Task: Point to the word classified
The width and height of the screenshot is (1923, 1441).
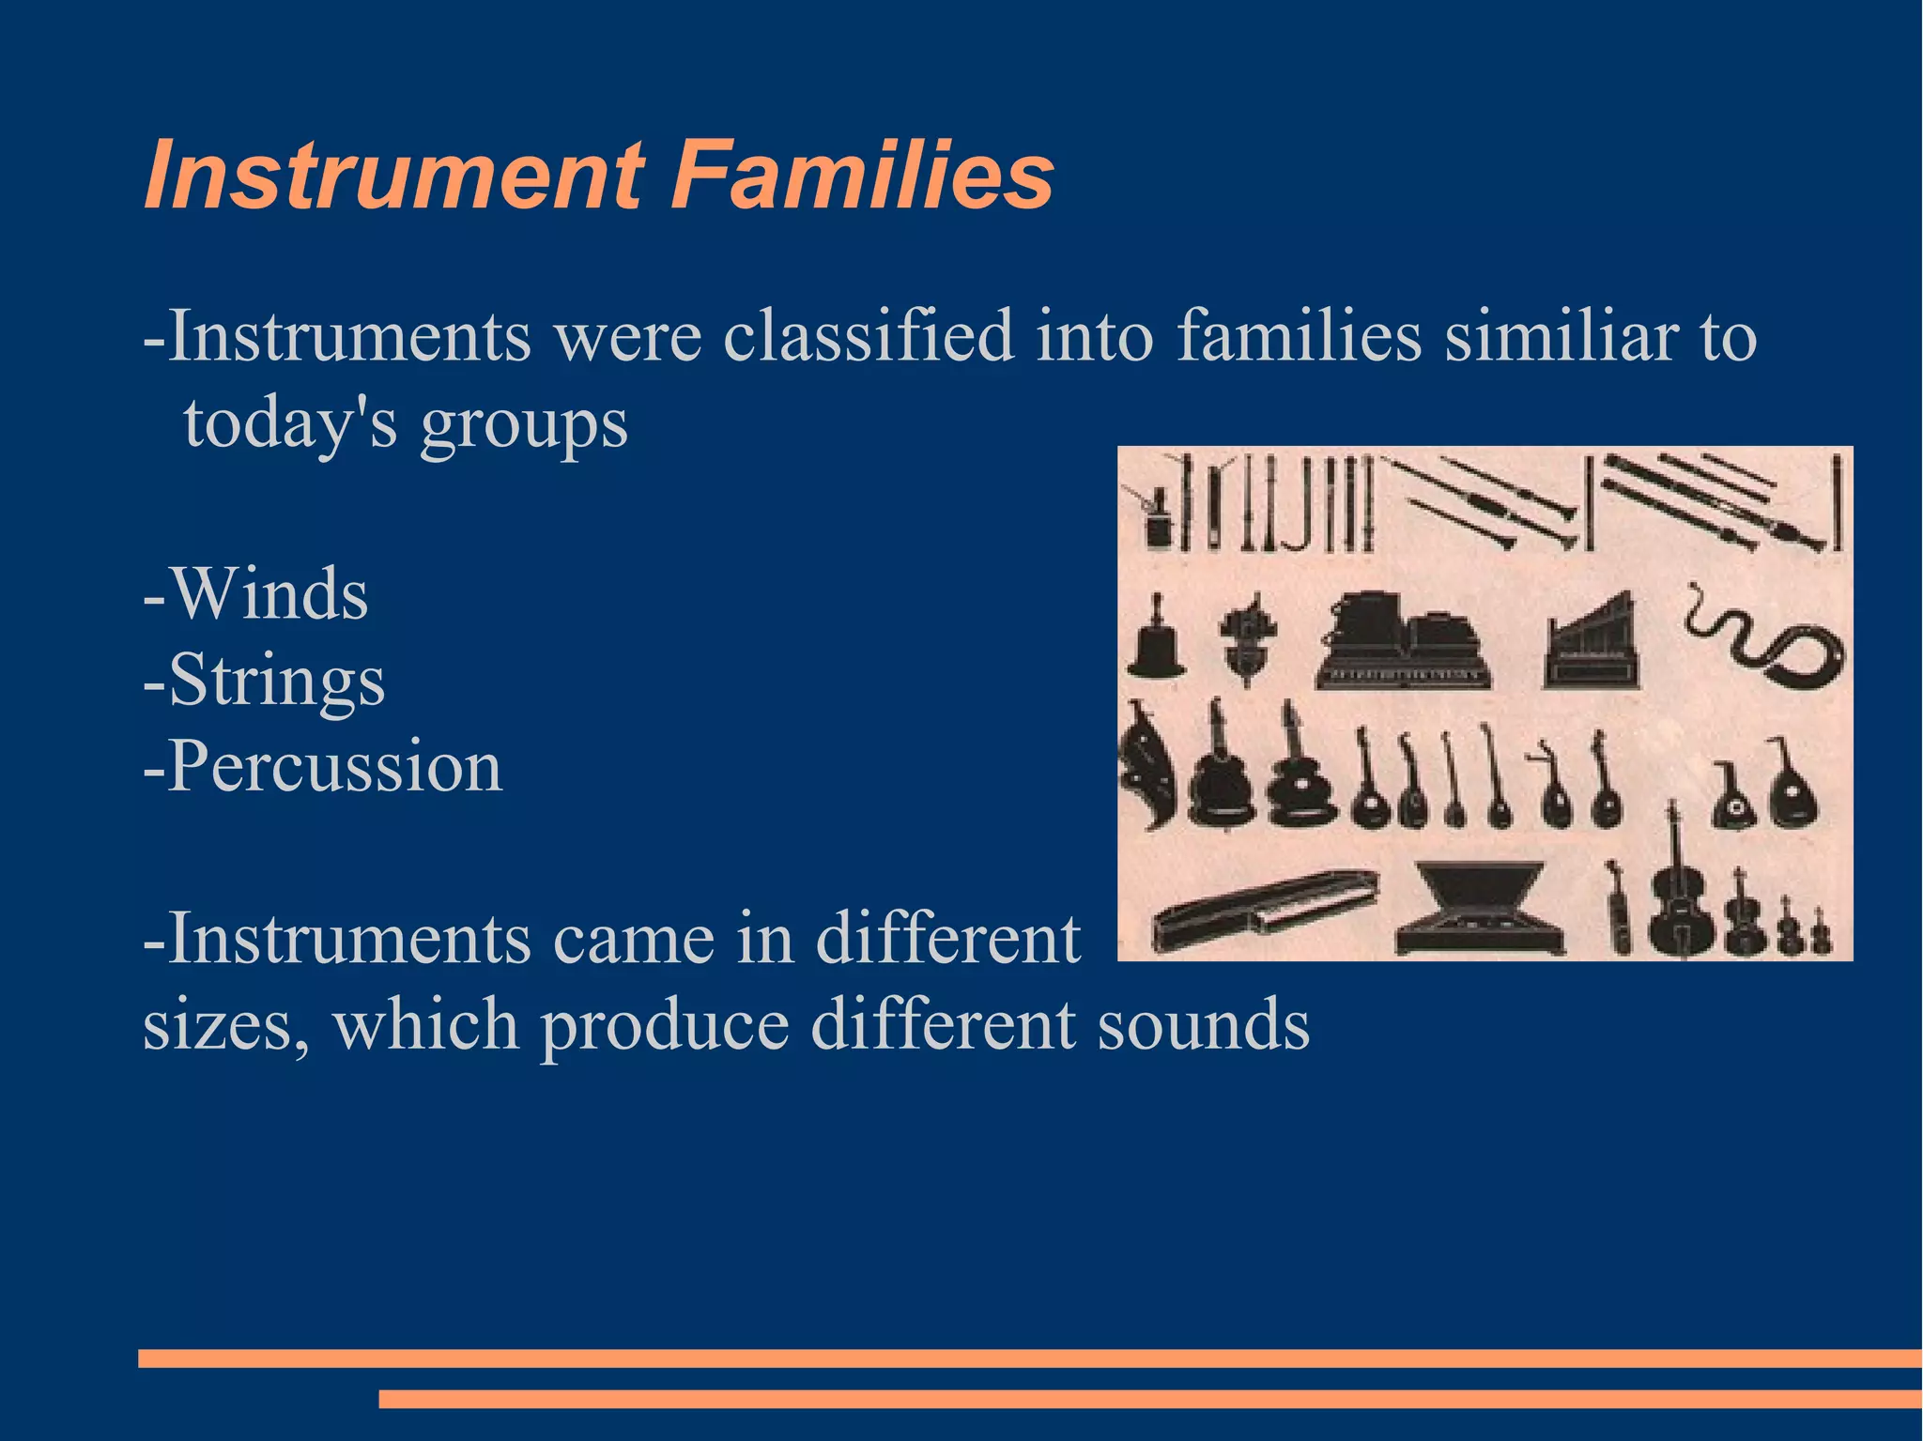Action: (869, 335)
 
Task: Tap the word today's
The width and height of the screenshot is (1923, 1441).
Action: (290, 422)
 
